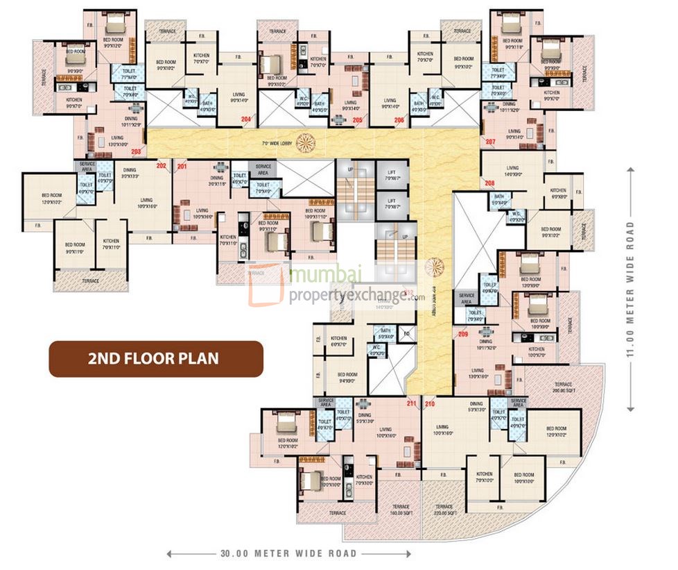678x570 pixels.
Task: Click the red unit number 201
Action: coord(182,166)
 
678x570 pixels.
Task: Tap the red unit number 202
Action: coord(162,166)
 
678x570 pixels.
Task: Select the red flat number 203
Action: coord(136,151)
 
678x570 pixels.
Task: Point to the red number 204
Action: coord(245,120)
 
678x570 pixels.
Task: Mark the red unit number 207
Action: coord(491,142)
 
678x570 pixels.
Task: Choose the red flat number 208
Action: coord(489,183)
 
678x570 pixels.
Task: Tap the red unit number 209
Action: coord(463,334)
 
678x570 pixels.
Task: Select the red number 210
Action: coord(430,403)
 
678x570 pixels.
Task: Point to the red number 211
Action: coord(412,403)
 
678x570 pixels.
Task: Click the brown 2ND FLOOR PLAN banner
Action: coord(155,359)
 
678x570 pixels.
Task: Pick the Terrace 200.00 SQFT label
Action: coord(563,387)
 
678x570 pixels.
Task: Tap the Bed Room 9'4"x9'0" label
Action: coord(347,378)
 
